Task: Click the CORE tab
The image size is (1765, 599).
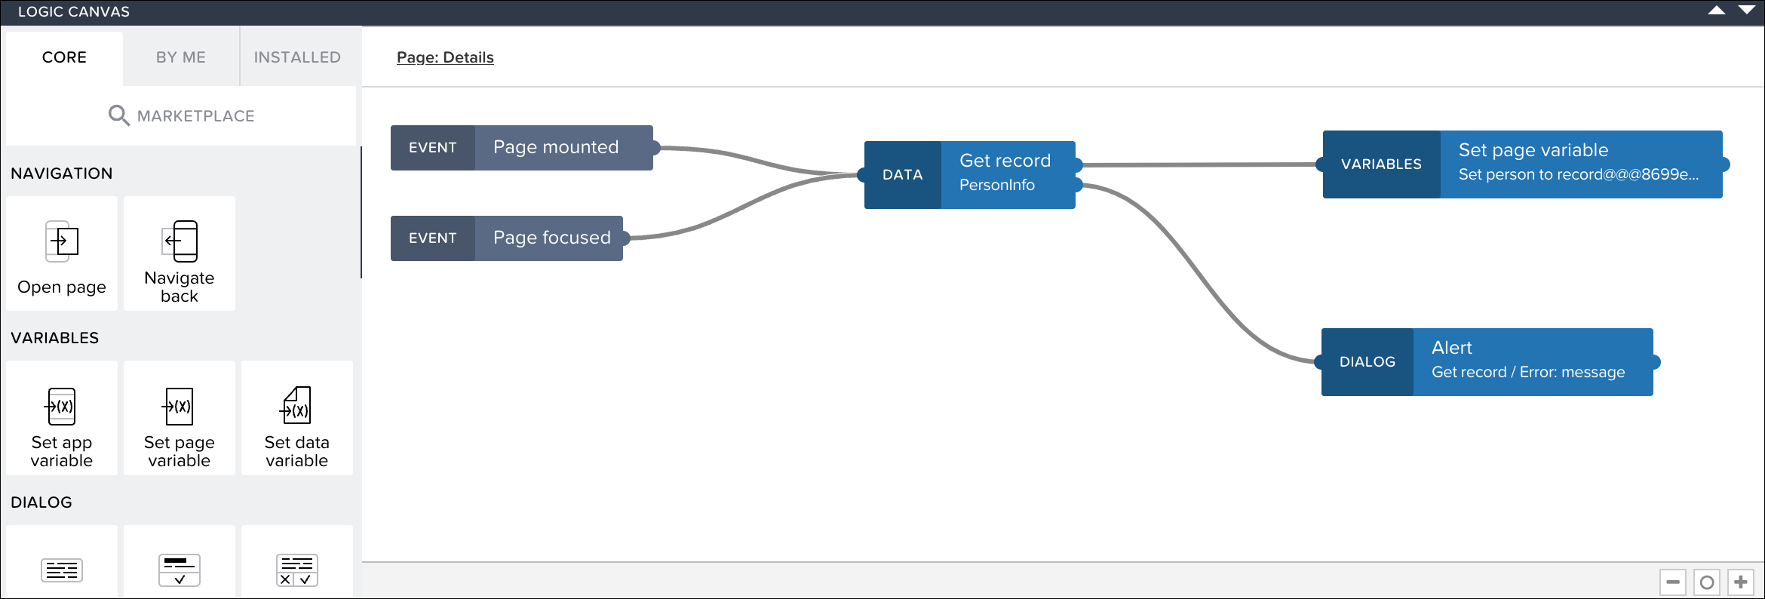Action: [x=64, y=57]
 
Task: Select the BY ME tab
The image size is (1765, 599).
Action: [x=181, y=57]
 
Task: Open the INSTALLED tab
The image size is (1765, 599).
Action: [x=297, y=57]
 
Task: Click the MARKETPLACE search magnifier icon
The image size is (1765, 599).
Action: [x=118, y=115]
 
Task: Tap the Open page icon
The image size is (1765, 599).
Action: [x=62, y=241]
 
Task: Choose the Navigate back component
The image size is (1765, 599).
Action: [x=180, y=253]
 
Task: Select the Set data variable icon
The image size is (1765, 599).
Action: [x=296, y=406]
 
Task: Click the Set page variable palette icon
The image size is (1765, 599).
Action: [x=180, y=407]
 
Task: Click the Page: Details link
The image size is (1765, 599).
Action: [x=445, y=57]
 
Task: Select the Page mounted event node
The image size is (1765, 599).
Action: [x=556, y=147]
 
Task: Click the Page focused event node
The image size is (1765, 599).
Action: [x=551, y=238]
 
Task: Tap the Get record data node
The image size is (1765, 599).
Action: [x=1005, y=161]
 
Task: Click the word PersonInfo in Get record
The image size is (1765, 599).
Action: [x=996, y=185]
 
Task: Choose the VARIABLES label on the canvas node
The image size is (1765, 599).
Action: [x=1381, y=164]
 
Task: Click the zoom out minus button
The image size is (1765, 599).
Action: [x=1672, y=582]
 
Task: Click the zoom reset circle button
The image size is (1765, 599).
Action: [x=1707, y=582]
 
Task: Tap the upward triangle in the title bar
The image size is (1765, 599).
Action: [x=1716, y=11]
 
